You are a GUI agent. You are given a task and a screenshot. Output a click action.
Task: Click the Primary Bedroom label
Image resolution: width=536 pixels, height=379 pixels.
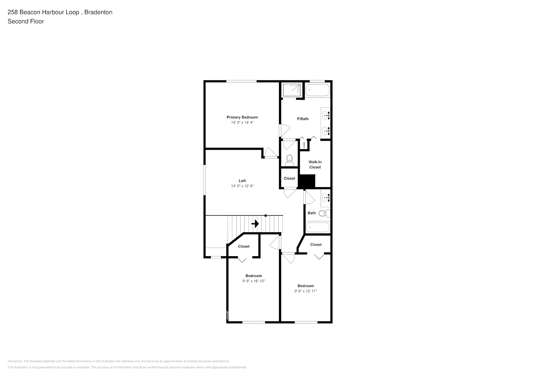coord(242,117)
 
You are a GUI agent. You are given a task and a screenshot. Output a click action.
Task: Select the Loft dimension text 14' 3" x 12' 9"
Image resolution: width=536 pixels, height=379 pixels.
coord(242,186)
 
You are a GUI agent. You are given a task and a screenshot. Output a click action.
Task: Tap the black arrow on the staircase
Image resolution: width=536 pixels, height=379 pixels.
coord(255,224)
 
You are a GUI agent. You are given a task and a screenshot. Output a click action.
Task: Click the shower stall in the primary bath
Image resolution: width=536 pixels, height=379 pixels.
coord(292,90)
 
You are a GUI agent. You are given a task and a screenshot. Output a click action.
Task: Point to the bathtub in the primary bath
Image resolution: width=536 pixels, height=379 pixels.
coord(318,90)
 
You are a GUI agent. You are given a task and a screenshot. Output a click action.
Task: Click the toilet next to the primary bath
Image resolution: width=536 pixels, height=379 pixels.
coord(290,160)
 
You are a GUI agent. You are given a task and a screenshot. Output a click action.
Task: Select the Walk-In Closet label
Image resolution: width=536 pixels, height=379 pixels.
coord(315,164)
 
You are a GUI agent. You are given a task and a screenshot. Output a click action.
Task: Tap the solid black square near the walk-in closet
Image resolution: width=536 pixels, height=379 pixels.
coord(307,181)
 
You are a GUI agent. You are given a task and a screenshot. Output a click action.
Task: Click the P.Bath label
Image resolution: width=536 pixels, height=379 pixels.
coord(302,119)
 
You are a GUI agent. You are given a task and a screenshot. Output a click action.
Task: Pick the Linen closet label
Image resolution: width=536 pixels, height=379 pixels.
coord(304,144)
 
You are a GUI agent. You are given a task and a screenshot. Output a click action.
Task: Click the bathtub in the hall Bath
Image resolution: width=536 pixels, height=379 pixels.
coord(318,227)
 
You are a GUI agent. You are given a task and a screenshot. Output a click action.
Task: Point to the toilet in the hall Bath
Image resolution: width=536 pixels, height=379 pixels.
coord(324,214)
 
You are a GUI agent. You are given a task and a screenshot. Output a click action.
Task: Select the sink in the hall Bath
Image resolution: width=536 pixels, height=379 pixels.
coord(326,197)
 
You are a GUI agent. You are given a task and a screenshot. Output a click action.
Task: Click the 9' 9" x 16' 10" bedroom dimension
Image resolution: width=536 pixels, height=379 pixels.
coord(254,281)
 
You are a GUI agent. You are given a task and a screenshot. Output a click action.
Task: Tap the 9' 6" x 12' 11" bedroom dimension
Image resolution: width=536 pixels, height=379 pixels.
coord(306,291)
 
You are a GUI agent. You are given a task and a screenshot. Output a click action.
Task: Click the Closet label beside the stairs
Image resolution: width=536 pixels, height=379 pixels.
coord(244,246)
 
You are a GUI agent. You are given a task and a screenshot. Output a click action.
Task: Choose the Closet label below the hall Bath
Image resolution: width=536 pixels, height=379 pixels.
coord(316,244)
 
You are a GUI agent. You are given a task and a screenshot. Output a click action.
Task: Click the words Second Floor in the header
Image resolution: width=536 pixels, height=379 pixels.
coord(26,22)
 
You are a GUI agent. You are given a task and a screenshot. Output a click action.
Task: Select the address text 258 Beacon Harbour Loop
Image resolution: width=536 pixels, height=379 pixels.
coord(44,12)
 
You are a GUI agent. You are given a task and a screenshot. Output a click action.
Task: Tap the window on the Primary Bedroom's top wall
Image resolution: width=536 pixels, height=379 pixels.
coord(241,81)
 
